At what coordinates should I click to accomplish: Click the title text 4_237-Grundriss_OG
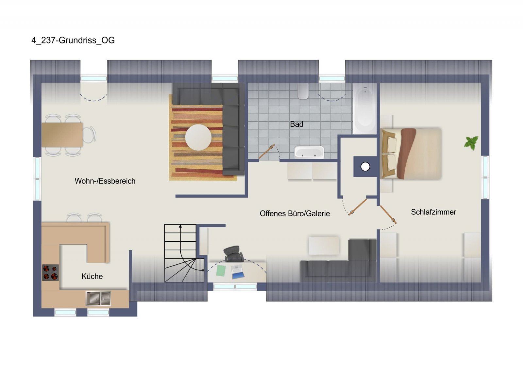point(73,41)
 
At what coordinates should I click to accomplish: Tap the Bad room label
point(296,124)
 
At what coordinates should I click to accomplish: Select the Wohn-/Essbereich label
point(105,181)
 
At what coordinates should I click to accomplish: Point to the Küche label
point(92,277)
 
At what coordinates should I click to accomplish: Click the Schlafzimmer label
point(433,212)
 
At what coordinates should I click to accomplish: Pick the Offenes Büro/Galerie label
point(295,213)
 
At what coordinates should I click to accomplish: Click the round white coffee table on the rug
point(198,137)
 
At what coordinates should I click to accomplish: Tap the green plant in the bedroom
point(471,143)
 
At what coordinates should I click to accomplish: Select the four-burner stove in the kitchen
point(50,272)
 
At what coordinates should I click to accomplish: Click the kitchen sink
point(98,298)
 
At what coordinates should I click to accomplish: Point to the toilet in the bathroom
point(303,91)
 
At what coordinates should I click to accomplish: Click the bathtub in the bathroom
point(365,109)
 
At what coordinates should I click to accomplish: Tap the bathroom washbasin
point(309,152)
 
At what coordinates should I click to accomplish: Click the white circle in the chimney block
point(365,167)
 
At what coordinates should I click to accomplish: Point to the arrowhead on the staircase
point(180,226)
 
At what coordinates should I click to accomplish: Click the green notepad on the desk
point(221,270)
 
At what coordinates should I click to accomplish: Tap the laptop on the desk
point(237,272)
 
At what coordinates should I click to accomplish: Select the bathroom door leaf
point(266,152)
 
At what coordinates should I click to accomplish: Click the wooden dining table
point(62,135)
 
